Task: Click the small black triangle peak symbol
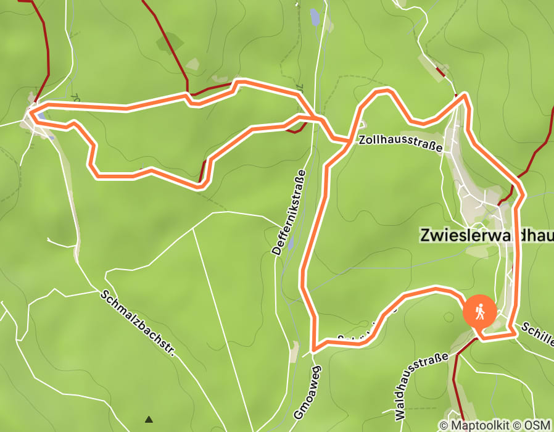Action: (149, 420)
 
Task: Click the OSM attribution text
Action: (538, 425)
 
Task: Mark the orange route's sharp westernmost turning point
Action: (29, 112)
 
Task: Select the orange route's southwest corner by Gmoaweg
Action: (314, 349)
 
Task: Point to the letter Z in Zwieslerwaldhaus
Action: (425, 235)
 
